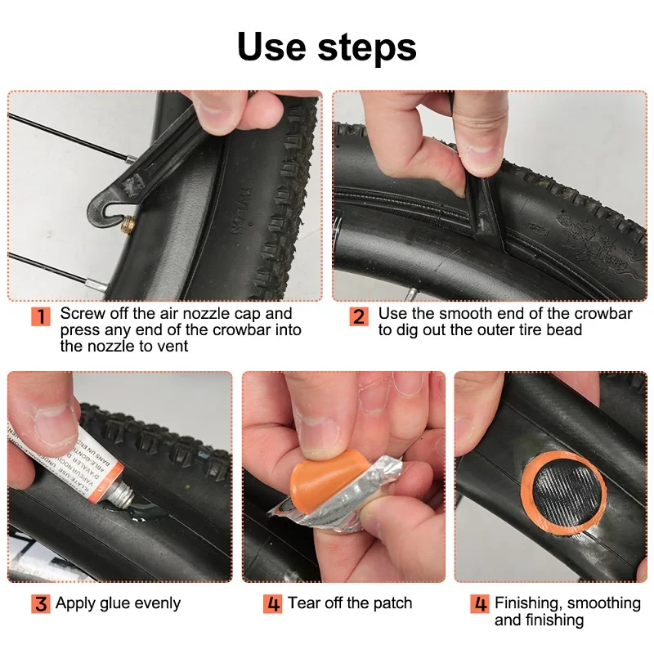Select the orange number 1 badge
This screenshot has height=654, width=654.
[41, 316]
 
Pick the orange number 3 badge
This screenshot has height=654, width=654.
[41, 605]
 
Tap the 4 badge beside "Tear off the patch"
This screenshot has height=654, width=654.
[272, 605]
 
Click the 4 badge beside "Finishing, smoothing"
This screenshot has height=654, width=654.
[480, 605]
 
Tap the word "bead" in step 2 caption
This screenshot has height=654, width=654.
[564, 330]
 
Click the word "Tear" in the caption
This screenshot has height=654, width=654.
[304, 604]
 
